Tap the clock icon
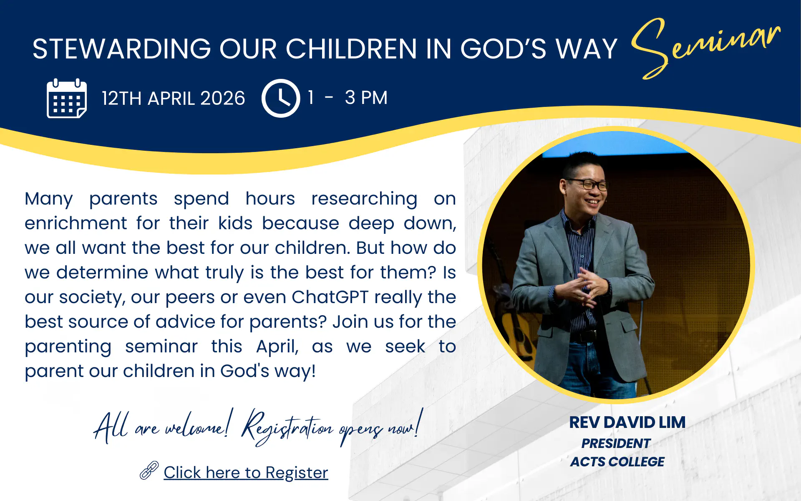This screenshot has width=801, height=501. click(281, 98)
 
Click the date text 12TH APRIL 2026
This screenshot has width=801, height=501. click(173, 99)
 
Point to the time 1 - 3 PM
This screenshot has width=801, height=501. click(348, 98)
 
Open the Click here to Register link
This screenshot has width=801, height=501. click(246, 473)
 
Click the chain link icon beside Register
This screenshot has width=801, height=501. click(149, 470)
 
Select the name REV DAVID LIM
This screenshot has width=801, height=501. click(627, 423)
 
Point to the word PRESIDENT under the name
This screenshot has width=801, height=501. click(616, 443)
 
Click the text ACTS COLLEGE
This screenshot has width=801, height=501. click(617, 462)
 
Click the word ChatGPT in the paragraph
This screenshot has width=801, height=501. click(330, 297)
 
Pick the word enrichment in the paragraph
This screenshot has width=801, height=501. click(76, 223)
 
